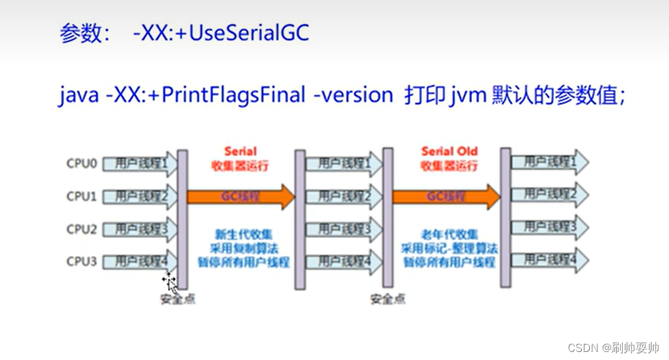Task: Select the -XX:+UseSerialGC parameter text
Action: tap(221, 33)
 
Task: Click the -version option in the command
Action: tap(353, 95)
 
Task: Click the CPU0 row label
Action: tap(82, 162)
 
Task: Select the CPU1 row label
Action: tap(82, 196)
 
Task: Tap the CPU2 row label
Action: tap(82, 229)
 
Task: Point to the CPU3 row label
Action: tap(82, 261)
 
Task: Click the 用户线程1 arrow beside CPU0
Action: tap(140, 162)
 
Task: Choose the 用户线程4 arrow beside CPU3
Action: tap(140, 260)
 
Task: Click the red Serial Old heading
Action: tap(449, 152)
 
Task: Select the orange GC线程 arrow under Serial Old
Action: tap(445, 196)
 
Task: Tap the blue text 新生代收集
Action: tap(243, 234)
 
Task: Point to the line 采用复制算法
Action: tap(243, 248)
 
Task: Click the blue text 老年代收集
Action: tap(449, 234)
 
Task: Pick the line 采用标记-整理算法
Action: tap(449, 248)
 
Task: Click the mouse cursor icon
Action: tap(170, 281)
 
